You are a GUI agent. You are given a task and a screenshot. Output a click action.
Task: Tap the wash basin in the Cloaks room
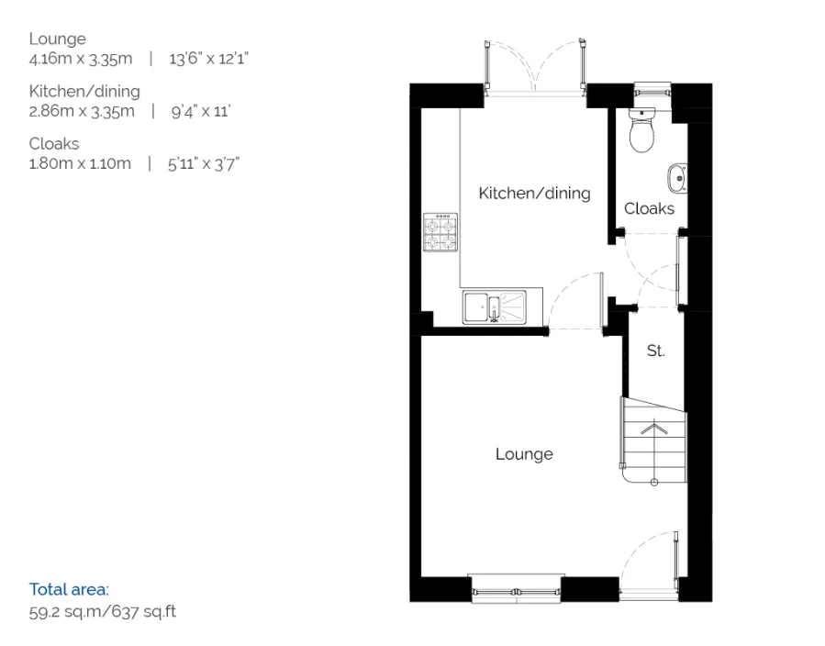tap(677, 178)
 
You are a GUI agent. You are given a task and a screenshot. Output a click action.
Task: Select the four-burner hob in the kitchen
tap(440, 232)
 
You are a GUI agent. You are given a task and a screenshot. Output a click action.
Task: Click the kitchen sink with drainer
tap(495, 306)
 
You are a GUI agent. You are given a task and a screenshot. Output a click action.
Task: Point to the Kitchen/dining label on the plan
tap(534, 193)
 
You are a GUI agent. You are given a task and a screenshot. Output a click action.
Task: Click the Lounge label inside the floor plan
tap(524, 453)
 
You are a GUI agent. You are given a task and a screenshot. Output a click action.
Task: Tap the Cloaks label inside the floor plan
tap(649, 208)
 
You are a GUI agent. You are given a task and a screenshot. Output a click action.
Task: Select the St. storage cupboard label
tap(655, 351)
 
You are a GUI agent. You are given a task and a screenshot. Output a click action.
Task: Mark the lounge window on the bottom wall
tap(514, 586)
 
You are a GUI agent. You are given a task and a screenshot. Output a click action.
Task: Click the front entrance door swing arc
tap(647, 555)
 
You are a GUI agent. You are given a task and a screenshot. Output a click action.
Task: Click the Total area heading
tap(69, 589)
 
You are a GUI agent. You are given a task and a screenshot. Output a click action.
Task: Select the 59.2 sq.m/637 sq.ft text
tap(102, 610)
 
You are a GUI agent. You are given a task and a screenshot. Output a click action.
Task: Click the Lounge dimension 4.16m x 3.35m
tap(81, 59)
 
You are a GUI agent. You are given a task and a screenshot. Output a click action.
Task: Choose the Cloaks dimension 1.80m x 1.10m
tap(79, 163)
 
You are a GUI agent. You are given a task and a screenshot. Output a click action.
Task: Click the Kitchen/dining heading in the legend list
tap(84, 91)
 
